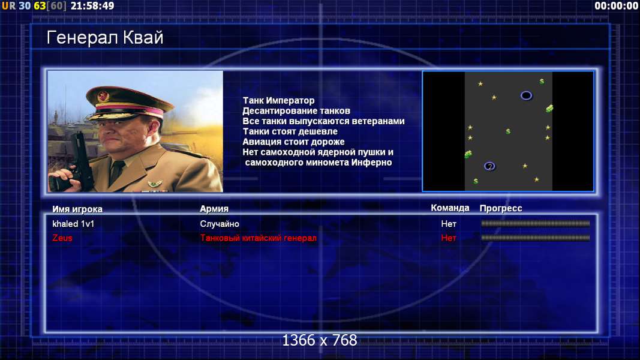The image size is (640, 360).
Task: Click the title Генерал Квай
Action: click(105, 38)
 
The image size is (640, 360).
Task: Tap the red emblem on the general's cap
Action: click(103, 96)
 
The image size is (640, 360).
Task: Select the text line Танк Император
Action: click(279, 100)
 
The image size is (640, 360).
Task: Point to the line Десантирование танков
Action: click(296, 110)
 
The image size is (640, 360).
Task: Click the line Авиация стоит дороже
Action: click(293, 142)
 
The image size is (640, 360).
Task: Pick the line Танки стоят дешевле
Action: click(290, 131)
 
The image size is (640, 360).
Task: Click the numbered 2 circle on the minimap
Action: click(489, 167)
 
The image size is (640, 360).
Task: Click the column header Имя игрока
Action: click(77, 209)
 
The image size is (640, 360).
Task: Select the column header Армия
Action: click(214, 209)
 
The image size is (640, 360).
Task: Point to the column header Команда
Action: click(450, 208)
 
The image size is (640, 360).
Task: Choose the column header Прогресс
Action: click(501, 208)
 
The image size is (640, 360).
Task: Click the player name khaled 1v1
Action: click(73, 224)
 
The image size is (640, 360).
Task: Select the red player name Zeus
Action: click(62, 238)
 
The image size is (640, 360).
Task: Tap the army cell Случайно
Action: click(220, 224)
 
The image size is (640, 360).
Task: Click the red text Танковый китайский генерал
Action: click(258, 238)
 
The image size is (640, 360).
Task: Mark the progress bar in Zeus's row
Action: click(535, 238)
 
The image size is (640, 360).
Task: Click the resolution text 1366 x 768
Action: click(320, 340)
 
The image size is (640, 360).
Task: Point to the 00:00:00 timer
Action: click(617, 6)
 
